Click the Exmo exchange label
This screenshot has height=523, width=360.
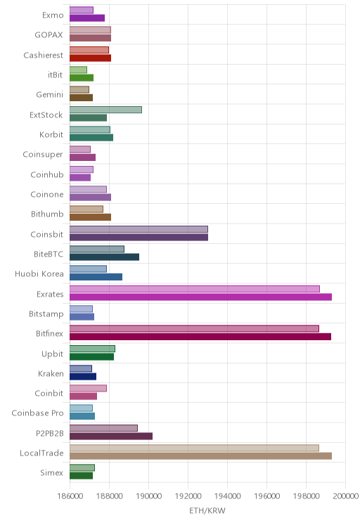coord(53,15)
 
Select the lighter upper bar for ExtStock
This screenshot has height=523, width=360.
coord(105,110)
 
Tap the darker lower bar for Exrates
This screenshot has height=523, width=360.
coord(200,297)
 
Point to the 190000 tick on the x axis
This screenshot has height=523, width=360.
coord(148,496)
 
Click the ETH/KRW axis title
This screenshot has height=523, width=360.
coord(207,510)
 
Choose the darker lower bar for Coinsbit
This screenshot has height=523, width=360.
coord(139,237)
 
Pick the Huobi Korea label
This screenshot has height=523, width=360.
coord(39,274)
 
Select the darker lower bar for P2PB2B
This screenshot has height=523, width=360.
coord(111,436)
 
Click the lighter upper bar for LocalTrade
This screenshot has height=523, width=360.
coord(194,448)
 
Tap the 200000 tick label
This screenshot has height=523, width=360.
coord(346,496)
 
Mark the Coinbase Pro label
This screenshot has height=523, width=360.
coord(37,413)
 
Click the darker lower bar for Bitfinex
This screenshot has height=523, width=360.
coord(200,337)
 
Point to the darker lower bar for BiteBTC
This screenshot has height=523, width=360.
coord(105,257)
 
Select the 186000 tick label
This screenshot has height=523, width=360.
coord(70,496)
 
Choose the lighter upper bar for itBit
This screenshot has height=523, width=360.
coord(78,70)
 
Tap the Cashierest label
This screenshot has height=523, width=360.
coord(43,55)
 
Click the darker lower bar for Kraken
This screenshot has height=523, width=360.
coord(83,377)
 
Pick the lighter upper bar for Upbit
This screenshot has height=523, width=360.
coord(92,349)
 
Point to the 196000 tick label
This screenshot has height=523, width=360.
coord(267,496)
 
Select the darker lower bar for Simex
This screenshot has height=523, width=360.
coord(81,476)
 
